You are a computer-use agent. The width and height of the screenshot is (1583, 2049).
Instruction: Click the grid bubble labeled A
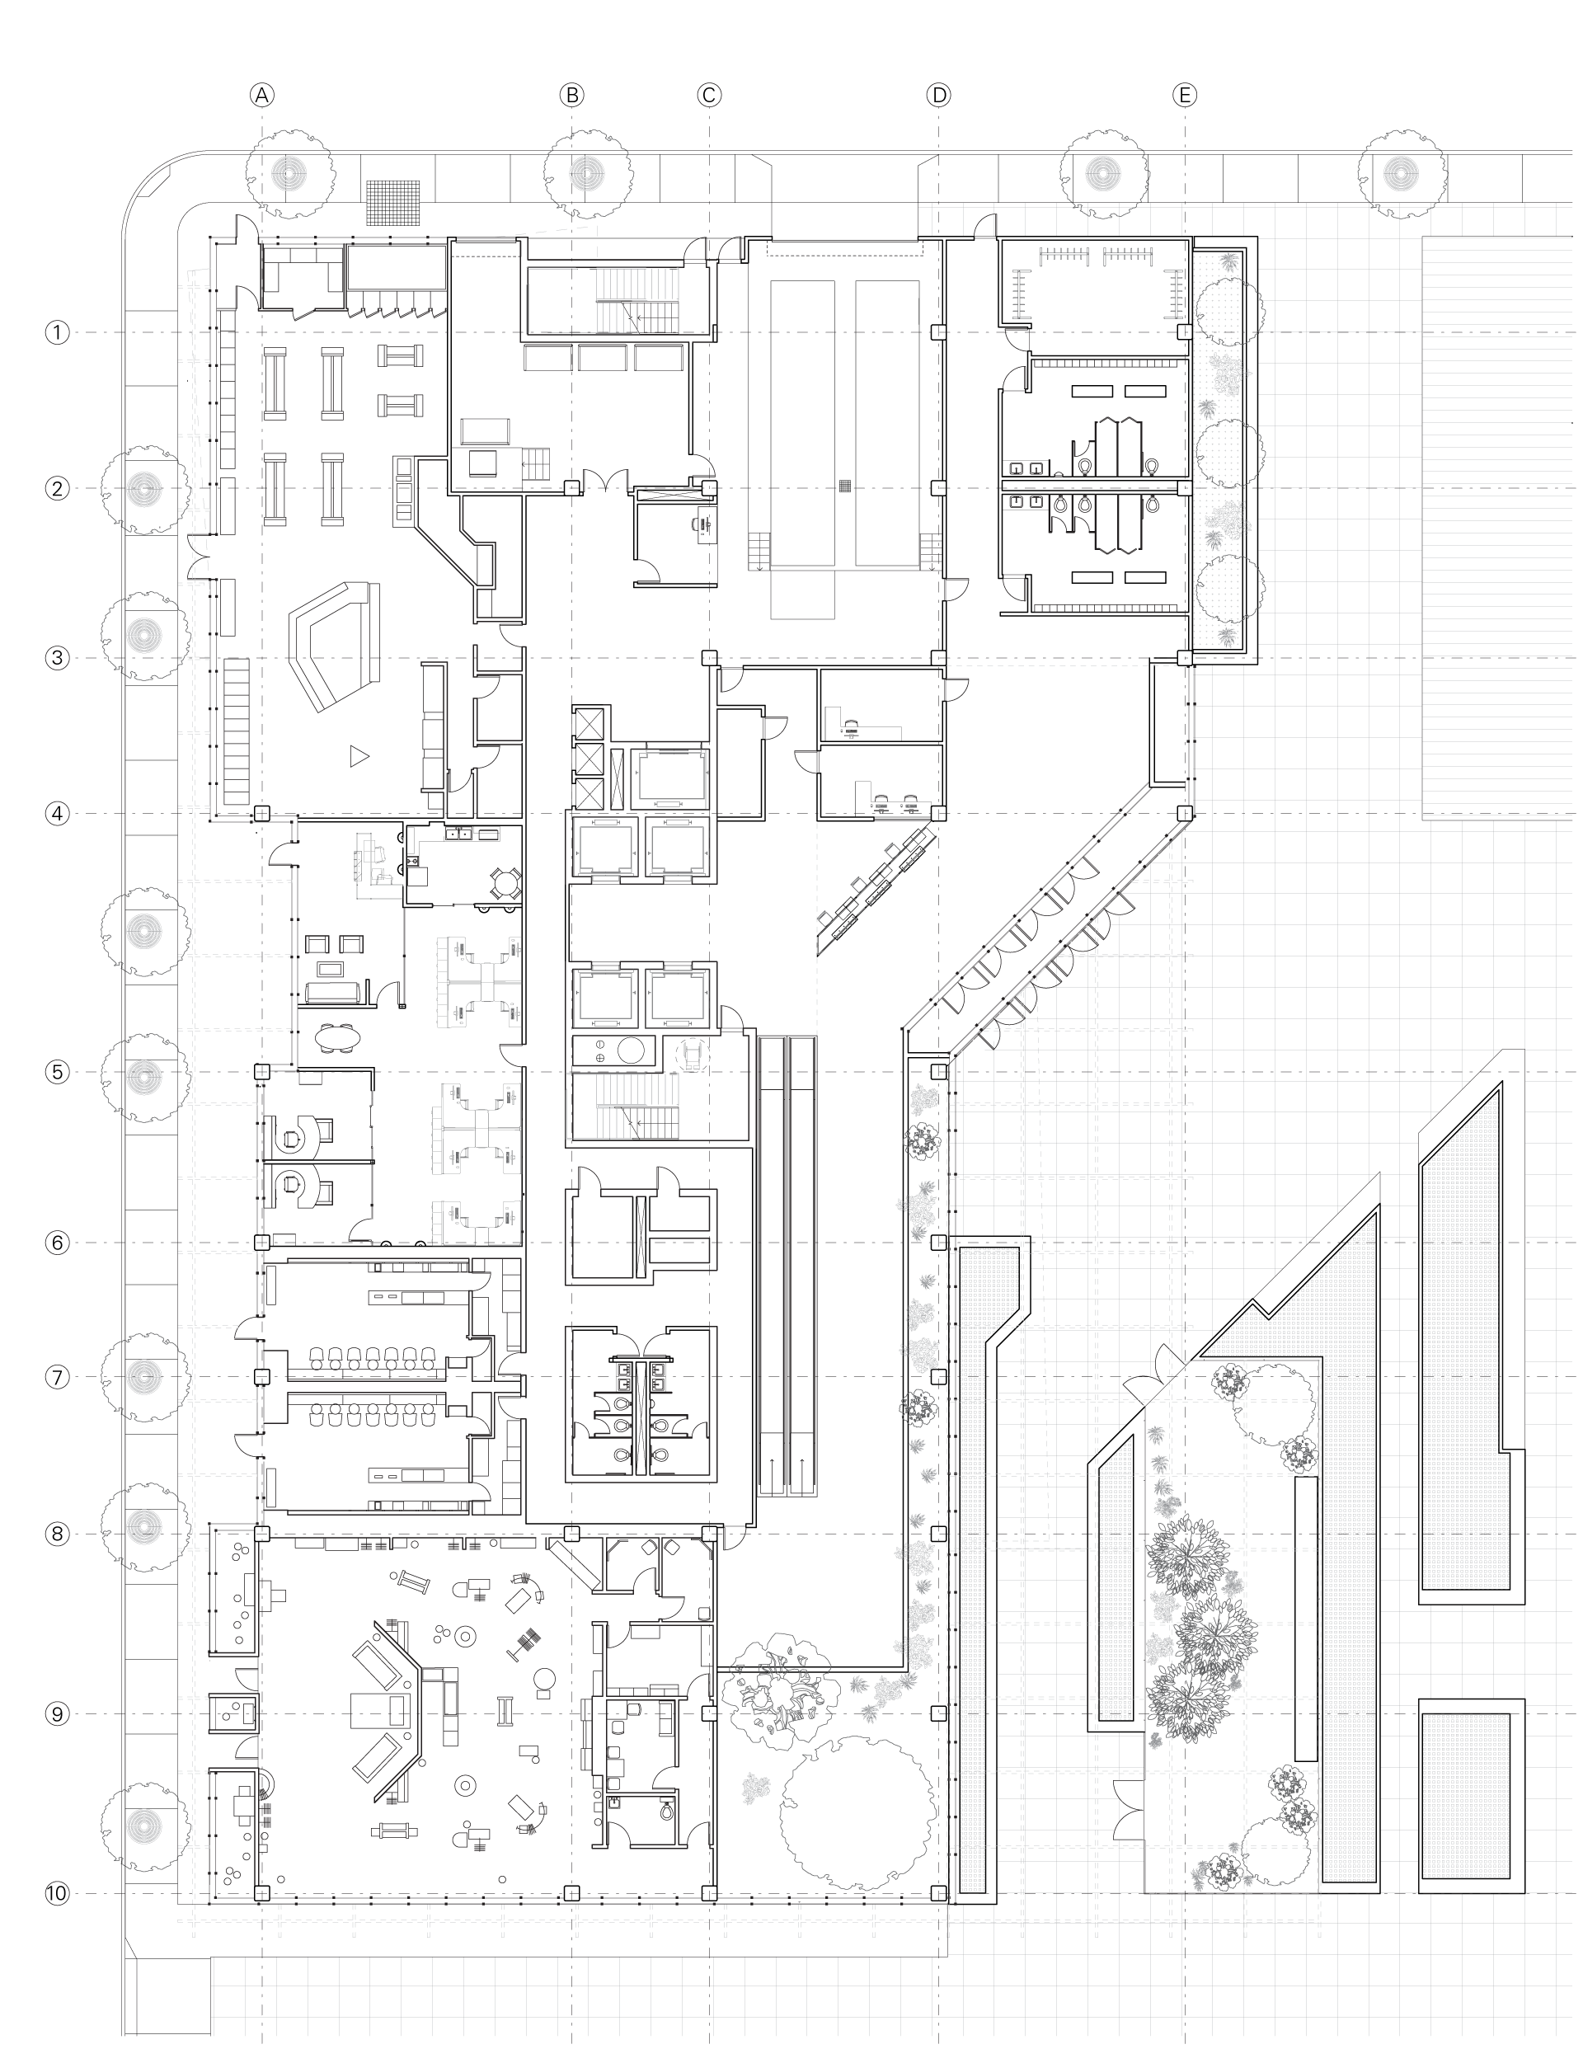point(262,95)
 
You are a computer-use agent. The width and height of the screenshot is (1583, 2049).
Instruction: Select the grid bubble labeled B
point(571,95)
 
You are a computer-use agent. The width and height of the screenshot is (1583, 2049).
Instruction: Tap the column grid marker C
point(709,95)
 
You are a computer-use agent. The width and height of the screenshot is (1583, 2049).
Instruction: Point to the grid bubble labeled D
point(938,95)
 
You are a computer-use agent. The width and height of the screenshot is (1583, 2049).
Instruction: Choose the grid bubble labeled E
point(1184,95)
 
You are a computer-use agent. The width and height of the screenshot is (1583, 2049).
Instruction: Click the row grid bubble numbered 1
point(57,332)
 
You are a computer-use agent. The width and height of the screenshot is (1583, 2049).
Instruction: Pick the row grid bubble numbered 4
point(57,813)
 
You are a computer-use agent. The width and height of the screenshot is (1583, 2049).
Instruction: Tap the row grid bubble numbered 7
point(57,1377)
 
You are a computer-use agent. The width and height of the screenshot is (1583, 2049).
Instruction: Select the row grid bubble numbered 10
point(57,1893)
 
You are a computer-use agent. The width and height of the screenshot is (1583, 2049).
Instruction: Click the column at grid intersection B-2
point(572,488)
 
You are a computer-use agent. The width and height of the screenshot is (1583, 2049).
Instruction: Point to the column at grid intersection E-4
point(1185,813)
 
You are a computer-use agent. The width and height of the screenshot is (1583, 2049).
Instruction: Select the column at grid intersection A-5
point(262,1071)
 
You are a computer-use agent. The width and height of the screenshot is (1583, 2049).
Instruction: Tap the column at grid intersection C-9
point(709,1714)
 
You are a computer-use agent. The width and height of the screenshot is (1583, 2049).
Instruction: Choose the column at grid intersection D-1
point(938,332)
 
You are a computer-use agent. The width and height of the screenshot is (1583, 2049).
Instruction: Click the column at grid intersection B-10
point(572,1893)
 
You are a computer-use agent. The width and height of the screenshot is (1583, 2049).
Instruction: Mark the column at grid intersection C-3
point(709,658)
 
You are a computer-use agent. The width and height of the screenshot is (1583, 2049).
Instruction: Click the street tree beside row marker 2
point(144,489)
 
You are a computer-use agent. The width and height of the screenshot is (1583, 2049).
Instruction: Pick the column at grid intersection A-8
point(262,1534)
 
